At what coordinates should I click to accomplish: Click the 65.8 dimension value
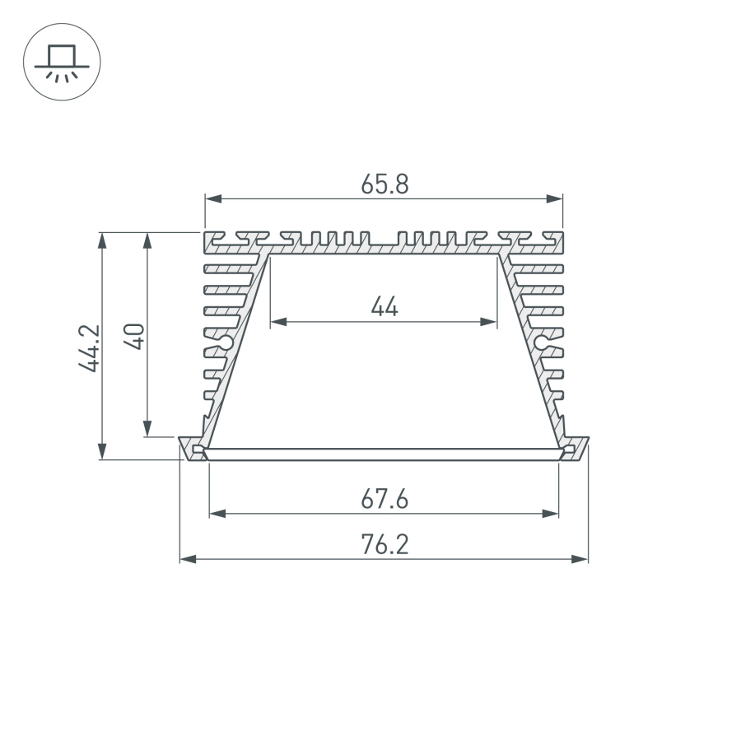(384, 184)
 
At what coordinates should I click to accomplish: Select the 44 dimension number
(384, 308)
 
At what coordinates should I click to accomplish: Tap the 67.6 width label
(384, 499)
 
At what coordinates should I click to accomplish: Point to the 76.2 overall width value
(384, 545)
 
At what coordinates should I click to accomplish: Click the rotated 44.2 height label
(90, 347)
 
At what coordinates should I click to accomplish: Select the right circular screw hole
(542, 341)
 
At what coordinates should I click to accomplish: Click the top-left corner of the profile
(206, 234)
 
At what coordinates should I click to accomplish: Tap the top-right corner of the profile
(563, 234)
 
